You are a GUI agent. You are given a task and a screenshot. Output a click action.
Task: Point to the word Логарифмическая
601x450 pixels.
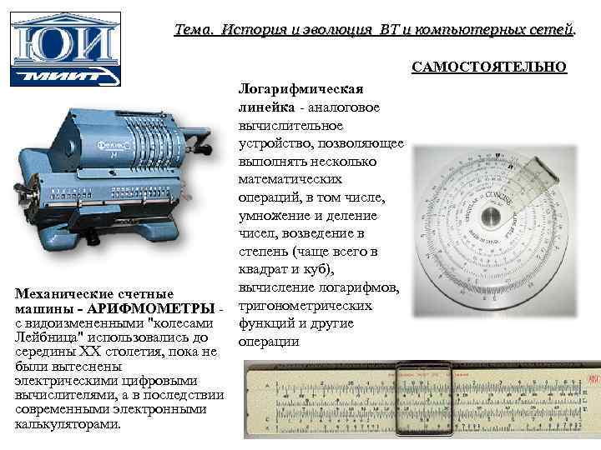pos(300,90)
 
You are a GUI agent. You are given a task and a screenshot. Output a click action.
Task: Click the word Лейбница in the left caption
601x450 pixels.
pos(49,338)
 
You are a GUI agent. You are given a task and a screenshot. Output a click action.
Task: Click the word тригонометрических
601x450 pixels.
pos(307,306)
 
